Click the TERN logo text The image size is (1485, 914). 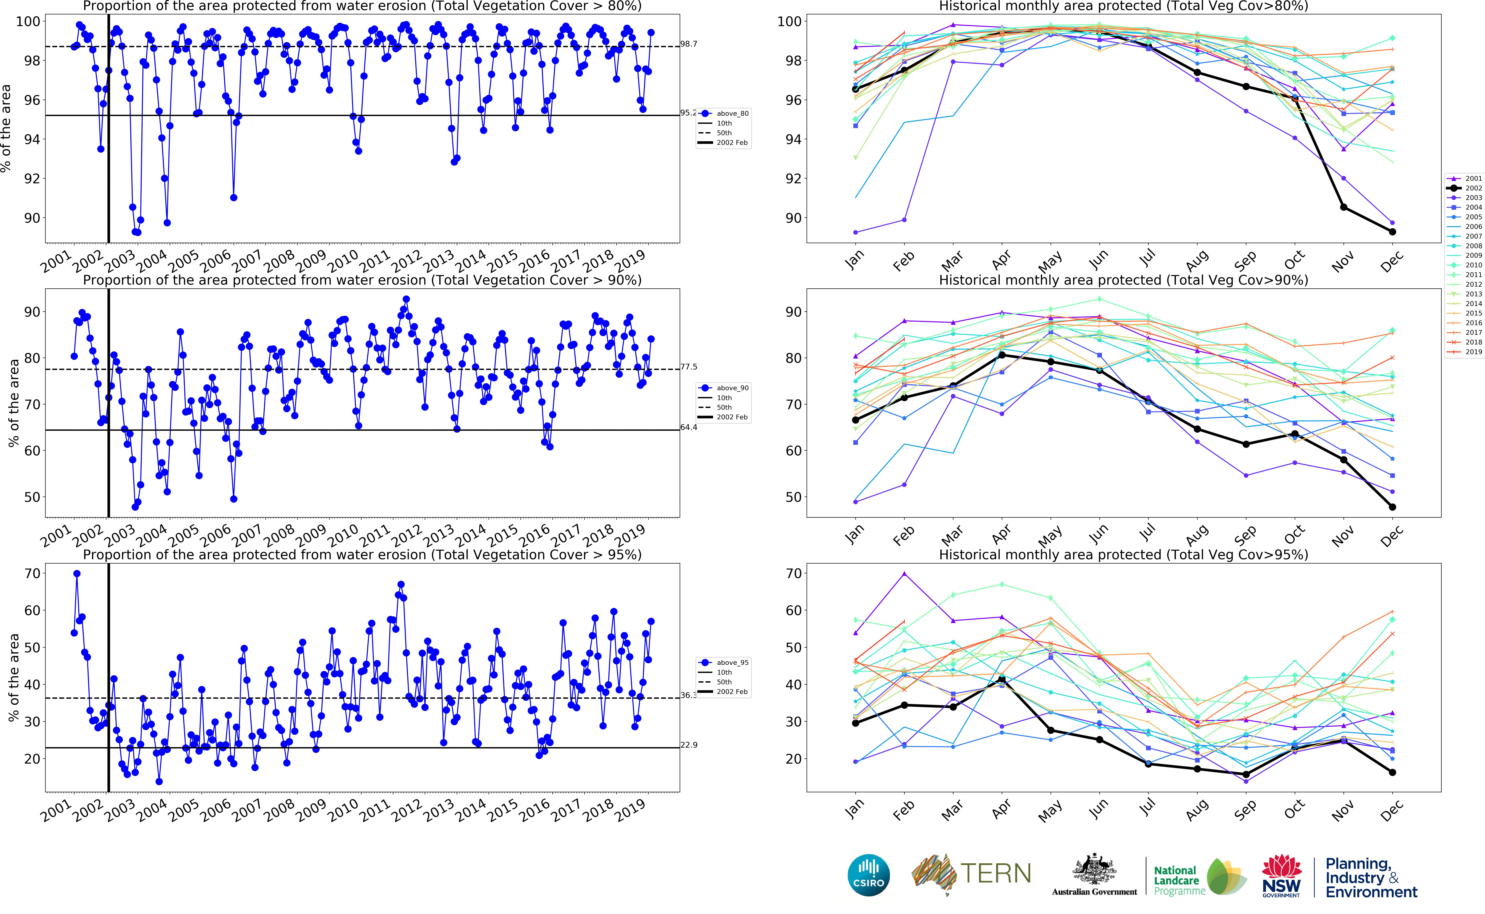[x=995, y=873]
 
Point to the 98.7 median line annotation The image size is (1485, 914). [x=688, y=44]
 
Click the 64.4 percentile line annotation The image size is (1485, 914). [x=688, y=427]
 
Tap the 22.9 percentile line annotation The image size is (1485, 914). [x=688, y=745]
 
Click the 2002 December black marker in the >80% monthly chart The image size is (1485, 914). [x=1392, y=232]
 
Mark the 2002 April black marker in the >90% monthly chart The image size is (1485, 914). [x=1002, y=355]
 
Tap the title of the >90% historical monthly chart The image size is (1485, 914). [x=1123, y=280]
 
